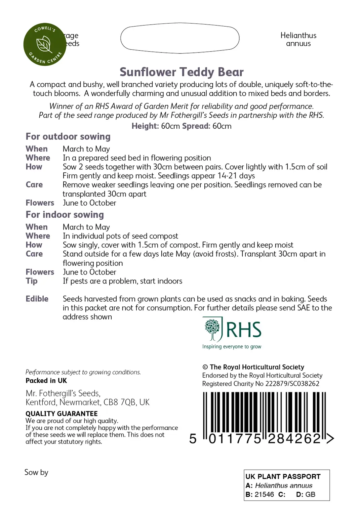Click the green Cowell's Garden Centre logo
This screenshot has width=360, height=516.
[x=44, y=44]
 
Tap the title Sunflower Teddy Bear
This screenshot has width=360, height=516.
[x=182, y=72]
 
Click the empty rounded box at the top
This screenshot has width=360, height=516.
[x=180, y=38]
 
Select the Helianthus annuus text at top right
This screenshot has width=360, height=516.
[x=298, y=39]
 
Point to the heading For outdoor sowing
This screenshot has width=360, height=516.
[x=68, y=136]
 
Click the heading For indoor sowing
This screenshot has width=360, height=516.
[x=65, y=214]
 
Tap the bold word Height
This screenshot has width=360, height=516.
[x=145, y=126]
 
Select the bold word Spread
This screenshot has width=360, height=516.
[x=196, y=126]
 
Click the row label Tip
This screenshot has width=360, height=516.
[x=32, y=281]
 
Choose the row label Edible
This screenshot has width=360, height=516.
[x=37, y=299]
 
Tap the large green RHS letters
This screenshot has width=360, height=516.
[x=244, y=330]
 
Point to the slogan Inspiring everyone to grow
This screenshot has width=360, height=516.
[x=232, y=347]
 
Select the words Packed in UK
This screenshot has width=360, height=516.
[x=46, y=381]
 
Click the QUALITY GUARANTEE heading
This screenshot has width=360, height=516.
[x=62, y=414]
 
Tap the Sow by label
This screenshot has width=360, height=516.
[x=36, y=472]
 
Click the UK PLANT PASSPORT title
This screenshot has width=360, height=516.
[x=283, y=476]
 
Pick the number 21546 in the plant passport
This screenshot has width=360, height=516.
[x=264, y=494]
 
